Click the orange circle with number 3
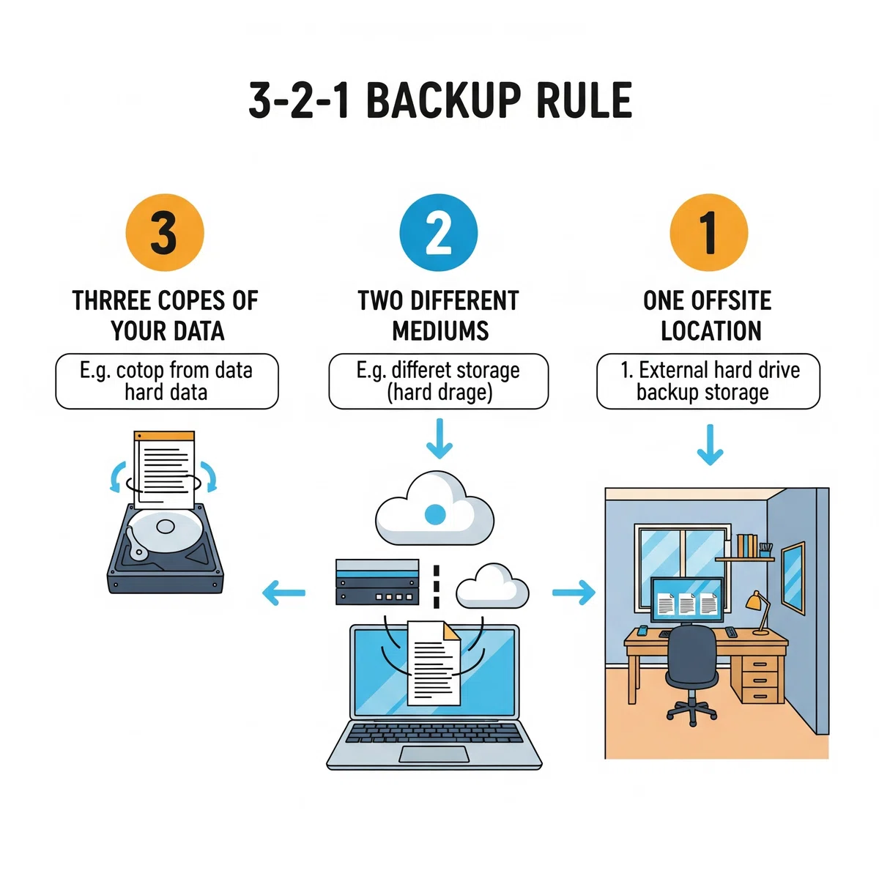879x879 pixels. click(x=165, y=232)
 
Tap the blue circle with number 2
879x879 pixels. click(x=438, y=232)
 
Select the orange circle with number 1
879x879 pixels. click(x=708, y=232)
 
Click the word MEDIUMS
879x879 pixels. click(x=440, y=330)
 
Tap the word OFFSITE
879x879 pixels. click(x=731, y=300)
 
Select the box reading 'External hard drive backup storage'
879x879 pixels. click(x=708, y=381)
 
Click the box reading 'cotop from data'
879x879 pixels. click(x=167, y=381)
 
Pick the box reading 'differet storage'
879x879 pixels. click(x=438, y=381)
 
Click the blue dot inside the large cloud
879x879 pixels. click(x=434, y=514)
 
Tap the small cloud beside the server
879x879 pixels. click(x=493, y=586)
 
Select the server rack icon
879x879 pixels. click(x=377, y=582)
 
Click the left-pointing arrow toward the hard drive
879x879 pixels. click(x=283, y=593)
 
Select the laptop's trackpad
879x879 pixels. click(x=434, y=754)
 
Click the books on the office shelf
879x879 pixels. click(x=747, y=546)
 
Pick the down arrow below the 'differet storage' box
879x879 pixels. click(x=439, y=438)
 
